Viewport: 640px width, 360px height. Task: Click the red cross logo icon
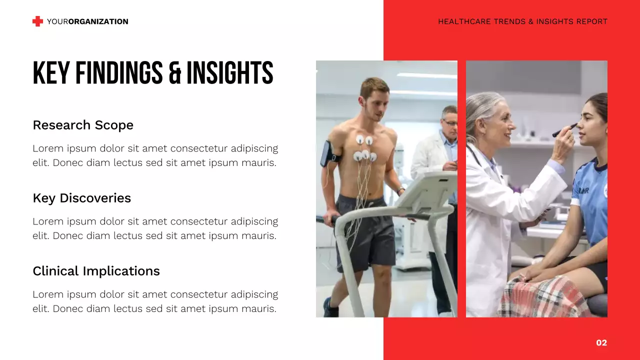point(37,21)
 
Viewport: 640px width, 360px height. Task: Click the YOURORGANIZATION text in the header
point(87,21)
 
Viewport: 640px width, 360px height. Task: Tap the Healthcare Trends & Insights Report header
point(522,21)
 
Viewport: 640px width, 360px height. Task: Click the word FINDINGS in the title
point(119,73)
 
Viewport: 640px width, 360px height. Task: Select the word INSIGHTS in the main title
point(229,73)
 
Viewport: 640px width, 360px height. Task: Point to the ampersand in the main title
point(174,73)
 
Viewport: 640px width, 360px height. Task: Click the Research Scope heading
point(83,125)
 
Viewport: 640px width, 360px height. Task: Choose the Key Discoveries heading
point(81,198)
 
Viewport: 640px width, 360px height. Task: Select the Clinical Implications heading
point(96,271)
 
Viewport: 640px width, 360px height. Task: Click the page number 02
point(601,342)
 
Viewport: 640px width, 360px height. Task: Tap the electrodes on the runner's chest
point(364,149)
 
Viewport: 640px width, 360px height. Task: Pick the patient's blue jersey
point(590,200)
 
